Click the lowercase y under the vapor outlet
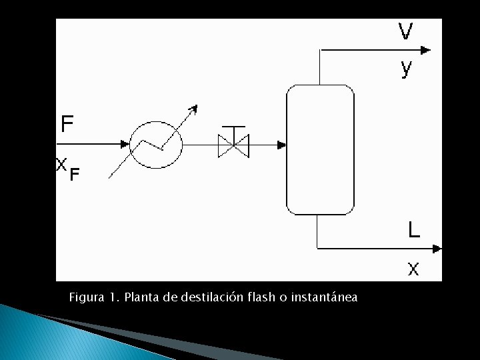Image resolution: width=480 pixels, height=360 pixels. coord(406,68)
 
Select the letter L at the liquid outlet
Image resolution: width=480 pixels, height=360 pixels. coord(414,231)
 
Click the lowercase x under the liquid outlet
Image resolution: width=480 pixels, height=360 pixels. coord(413,269)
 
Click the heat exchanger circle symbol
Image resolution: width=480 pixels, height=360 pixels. coord(156,145)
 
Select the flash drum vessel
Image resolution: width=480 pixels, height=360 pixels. coord(320,149)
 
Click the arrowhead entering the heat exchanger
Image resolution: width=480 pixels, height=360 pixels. coord(125,144)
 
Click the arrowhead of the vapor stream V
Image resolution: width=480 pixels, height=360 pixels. coord(425,49)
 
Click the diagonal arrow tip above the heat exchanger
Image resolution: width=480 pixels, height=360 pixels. coord(194,108)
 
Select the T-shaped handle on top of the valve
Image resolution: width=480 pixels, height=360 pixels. coord(233,127)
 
